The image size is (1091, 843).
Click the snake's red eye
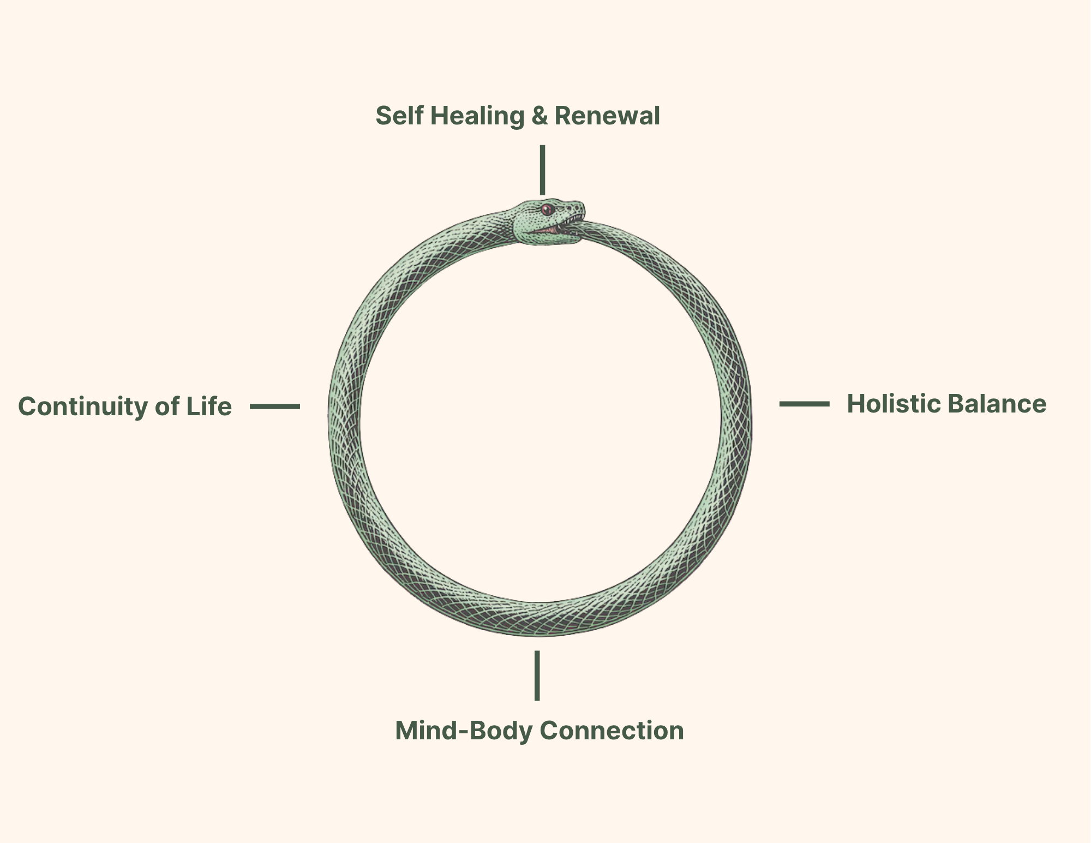(x=547, y=209)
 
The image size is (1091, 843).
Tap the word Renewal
(x=607, y=116)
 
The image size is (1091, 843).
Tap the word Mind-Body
(x=463, y=731)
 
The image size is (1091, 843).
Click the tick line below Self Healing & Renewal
(x=542, y=170)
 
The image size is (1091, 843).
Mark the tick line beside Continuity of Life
(x=275, y=406)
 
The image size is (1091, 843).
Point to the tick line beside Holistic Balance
(x=804, y=404)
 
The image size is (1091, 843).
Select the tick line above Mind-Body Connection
(x=537, y=675)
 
